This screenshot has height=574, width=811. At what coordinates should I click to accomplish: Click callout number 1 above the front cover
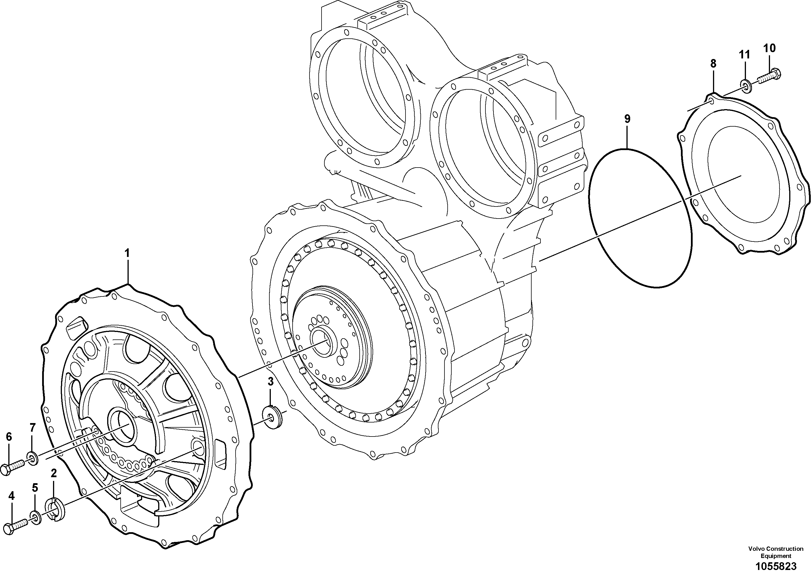(127, 253)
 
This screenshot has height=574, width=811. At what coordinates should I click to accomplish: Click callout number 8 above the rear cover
(713, 64)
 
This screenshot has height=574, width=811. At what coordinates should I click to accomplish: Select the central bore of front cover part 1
(123, 426)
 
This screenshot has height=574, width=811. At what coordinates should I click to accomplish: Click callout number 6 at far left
(9, 437)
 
